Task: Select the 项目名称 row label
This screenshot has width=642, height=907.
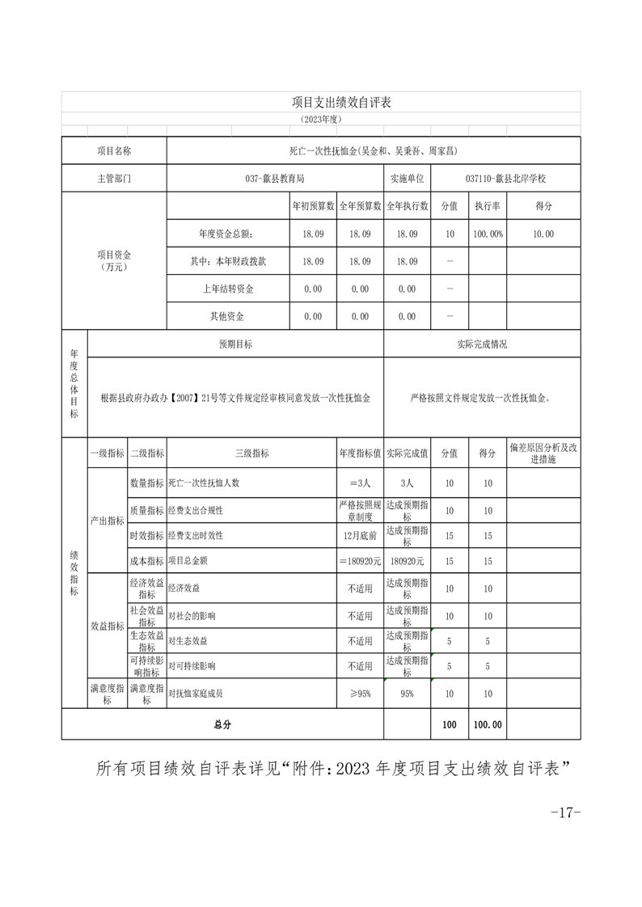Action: (x=114, y=151)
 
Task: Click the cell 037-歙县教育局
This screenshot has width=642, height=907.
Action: (x=274, y=179)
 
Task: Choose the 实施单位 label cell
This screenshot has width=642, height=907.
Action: (x=407, y=179)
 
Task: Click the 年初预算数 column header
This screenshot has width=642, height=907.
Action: (x=313, y=206)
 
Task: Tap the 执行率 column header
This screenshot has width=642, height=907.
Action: (x=488, y=206)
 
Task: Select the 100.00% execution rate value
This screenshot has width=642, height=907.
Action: (x=488, y=234)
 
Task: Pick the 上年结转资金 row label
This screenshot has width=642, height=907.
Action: (x=228, y=289)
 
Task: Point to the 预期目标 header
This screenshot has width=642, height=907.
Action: (x=235, y=344)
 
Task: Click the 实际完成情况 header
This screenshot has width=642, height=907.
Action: (x=482, y=344)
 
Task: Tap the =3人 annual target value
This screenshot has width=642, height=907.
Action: (x=360, y=483)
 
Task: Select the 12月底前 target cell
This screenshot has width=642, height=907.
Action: (x=360, y=535)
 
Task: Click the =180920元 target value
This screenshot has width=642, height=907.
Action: (x=360, y=561)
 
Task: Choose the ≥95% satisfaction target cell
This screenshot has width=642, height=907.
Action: (x=360, y=694)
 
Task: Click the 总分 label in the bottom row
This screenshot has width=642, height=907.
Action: (x=222, y=725)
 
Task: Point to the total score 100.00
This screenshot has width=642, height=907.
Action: (x=488, y=725)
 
